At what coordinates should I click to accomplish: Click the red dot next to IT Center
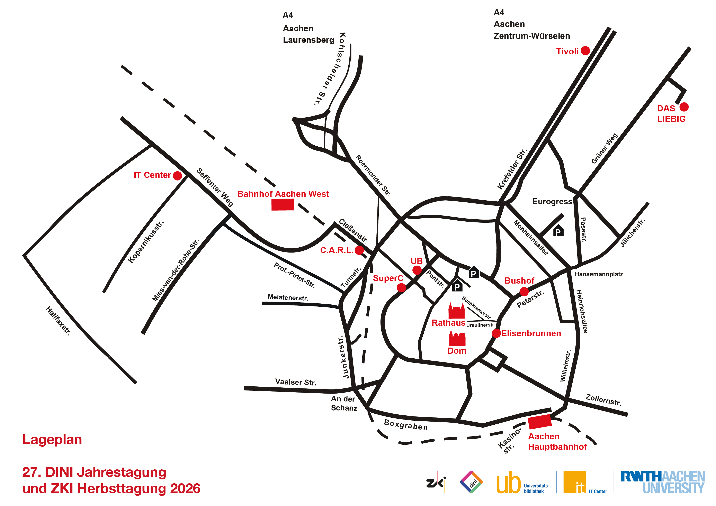177,176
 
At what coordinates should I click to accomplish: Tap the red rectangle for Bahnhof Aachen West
283,205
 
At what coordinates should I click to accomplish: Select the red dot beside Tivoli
585,50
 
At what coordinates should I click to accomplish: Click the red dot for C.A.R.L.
359,250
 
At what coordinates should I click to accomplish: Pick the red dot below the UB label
417,270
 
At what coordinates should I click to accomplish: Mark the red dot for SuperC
401,288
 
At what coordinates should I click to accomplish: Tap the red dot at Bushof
524,292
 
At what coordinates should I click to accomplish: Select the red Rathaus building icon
457,311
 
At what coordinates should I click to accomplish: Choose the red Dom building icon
457,338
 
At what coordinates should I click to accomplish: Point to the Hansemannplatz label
599,274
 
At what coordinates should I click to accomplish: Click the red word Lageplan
52,440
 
